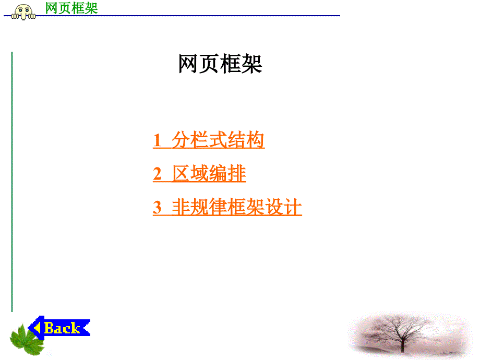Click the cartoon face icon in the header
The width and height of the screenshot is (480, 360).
[x=23, y=12]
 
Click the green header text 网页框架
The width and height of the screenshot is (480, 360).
[x=71, y=8]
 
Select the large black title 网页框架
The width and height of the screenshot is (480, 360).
[x=220, y=64]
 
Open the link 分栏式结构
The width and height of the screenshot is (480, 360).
[x=218, y=140]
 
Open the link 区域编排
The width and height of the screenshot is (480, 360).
[x=209, y=173]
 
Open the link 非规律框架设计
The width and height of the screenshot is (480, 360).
[x=237, y=207]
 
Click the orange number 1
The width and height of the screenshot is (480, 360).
[x=157, y=140]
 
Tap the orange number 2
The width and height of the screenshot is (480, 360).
[x=157, y=174]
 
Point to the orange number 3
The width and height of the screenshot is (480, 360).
[x=157, y=207]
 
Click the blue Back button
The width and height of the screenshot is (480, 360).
[x=59, y=328]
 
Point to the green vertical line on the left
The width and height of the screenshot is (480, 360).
[x=12, y=182]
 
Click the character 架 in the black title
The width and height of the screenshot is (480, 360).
[x=251, y=64]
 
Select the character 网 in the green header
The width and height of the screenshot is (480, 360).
[x=52, y=8]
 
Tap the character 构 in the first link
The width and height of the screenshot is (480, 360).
[x=255, y=140]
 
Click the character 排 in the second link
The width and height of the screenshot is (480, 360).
[x=237, y=173]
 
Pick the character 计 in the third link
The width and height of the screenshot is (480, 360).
[x=293, y=207]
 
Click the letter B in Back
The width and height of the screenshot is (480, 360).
[x=49, y=328]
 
